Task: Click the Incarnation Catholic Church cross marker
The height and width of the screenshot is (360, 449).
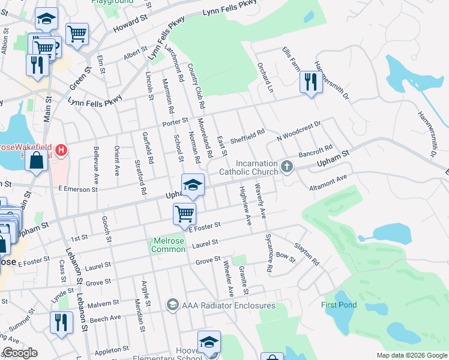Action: [288, 166]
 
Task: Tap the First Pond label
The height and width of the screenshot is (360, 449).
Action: [339, 305]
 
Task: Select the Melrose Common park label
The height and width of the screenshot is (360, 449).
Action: [169, 245]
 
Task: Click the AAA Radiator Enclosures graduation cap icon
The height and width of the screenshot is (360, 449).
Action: [173, 305]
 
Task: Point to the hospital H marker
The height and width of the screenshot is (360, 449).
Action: [61, 150]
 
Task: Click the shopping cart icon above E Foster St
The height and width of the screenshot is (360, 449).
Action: [184, 213]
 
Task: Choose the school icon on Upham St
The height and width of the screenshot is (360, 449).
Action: [193, 184]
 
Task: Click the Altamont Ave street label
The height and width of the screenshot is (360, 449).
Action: [328, 182]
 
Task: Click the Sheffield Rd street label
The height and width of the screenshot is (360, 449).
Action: [247, 136]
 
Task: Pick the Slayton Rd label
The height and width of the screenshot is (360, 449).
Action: [306, 254]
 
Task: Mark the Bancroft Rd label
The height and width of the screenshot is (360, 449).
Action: [316, 152]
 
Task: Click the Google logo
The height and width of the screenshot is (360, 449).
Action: [20, 353]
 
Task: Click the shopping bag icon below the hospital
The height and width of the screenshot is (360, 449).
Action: [37, 161]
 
